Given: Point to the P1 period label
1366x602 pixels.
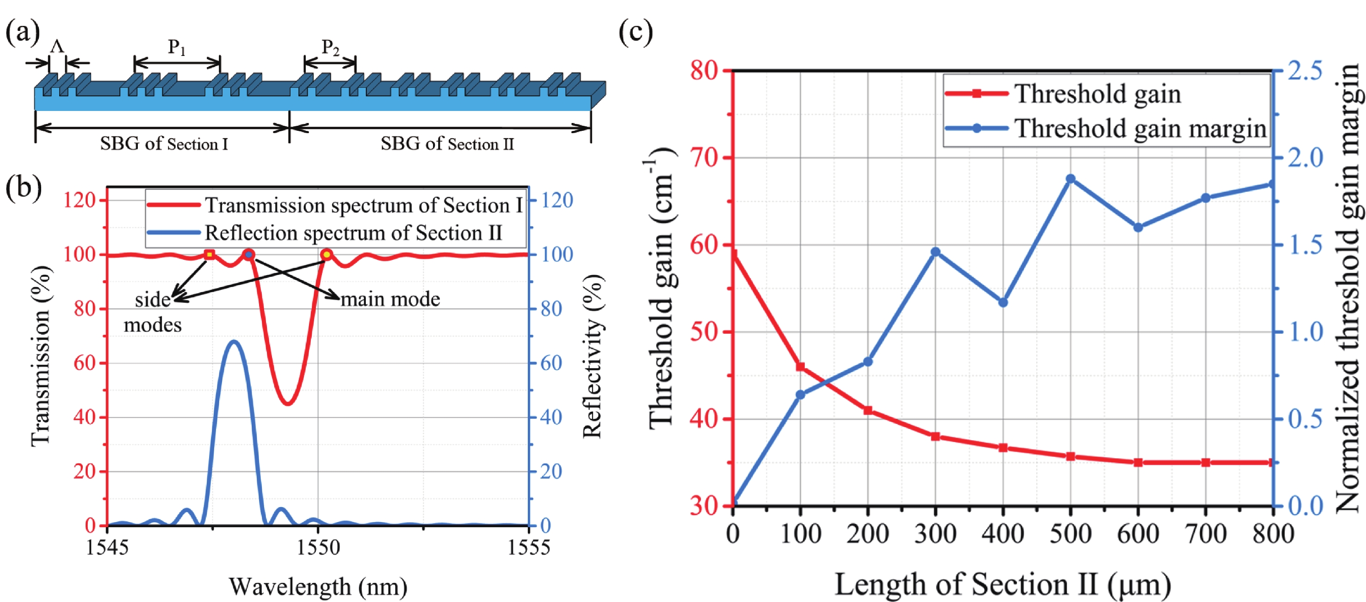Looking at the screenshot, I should tap(177, 48).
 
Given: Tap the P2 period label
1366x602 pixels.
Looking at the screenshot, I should tap(330, 48).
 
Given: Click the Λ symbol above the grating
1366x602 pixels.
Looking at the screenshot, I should tap(57, 47).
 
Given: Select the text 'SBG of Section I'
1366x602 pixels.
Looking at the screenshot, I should tap(164, 144).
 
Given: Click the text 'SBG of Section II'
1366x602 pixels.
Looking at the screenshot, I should tap(447, 144).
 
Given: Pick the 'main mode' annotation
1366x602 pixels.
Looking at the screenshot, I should tap(390, 300).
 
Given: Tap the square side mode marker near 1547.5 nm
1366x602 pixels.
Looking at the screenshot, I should tap(210, 254).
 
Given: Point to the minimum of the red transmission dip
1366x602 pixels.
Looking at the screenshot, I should tap(287, 404).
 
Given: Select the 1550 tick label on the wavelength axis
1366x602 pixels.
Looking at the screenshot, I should tap(318, 547).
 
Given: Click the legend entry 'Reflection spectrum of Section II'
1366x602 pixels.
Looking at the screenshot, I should tap(352, 233).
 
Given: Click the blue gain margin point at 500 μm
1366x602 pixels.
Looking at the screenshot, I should tap(1070, 179).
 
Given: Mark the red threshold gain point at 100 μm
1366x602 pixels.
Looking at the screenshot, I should tap(800, 367).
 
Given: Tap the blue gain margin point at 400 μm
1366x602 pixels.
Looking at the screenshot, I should tap(1003, 302).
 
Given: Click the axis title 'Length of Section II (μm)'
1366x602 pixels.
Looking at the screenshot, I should tap(1002, 584).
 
